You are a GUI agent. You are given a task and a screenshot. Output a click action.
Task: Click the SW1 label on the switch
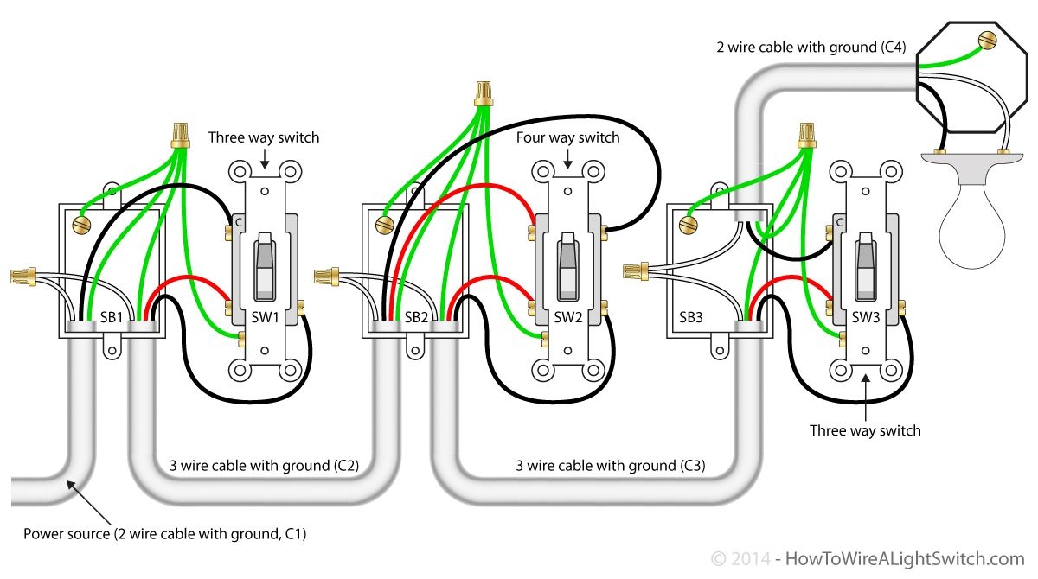pyautogui.click(x=265, y=317)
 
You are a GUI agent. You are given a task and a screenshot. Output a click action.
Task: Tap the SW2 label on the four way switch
pyautogui.click(x=568, y=317)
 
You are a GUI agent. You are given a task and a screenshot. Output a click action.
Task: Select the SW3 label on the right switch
pyautogui.click(x=866, y=317)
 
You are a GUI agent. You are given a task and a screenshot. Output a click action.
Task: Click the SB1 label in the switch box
pyautogui.click(x=112, y=317)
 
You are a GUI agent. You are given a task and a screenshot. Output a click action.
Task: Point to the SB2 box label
pyautogui.click(x=416, y=317)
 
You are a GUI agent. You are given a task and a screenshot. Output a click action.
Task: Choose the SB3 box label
pyautogui.click(x=691, y=317)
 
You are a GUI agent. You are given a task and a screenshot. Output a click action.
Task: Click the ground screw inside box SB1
pyautogui.click(x=81, y=225)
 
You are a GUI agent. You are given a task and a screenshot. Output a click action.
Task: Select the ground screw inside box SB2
pyautogui.click(x=385, y=225)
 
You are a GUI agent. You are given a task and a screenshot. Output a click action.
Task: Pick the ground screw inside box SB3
pyautogui.click(x=689, y=225)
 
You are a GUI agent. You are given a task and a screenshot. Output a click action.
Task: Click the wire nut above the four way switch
pyautogui.click(x=484, y=93)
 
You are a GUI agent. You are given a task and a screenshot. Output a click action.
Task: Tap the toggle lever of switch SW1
pyautogui.click(x=265, y=266)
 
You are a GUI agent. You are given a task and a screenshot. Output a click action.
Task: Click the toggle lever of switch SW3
pyautogui.click(x=865, y=266)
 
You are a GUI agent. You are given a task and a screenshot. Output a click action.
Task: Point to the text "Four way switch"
pyautogui.click(x=567, y=137)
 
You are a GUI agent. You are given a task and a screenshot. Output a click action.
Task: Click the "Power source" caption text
pyautogui.click(x=67, y=534)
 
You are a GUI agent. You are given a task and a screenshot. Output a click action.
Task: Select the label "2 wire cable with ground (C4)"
pyautogui.click(x=811, y=48)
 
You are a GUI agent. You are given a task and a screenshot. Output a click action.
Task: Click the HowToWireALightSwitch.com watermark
pyautogui.click(x=905, y=558)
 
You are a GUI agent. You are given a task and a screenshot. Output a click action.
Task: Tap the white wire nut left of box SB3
pyautogui.click(x=636, y=271)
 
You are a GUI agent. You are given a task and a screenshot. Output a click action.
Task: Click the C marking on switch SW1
pyautogui.click(x=239, y=223)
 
